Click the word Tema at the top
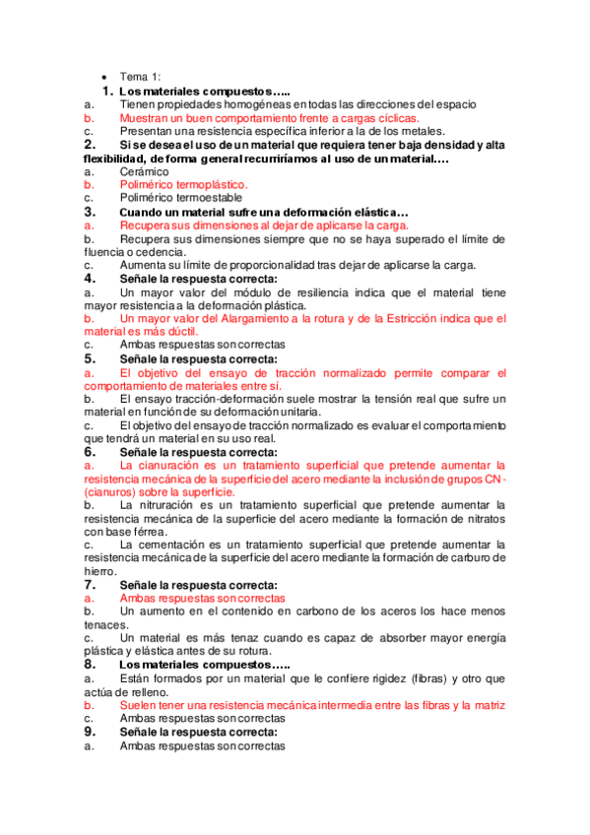(134, 77)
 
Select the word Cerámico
(144, 171)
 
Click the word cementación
(169, 545)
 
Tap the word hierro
(99, 571)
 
